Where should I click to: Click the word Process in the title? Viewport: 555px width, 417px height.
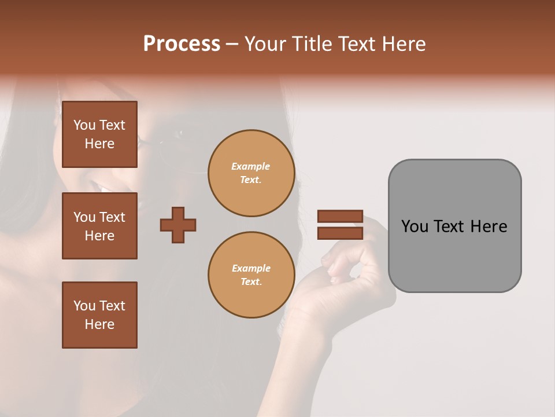tap(182, 44)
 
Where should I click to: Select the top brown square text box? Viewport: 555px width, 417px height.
tap(99, 134)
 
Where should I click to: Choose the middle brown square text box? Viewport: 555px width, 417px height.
tap(99, 226)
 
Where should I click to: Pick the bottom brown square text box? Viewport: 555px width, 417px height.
tap(99, 315)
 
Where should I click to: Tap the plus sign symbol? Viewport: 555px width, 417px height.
tap(178, 225)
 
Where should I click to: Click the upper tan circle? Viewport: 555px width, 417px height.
tap(251, 173)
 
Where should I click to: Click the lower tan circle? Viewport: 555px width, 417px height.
tap(251, 275)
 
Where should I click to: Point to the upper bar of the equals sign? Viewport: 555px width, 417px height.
tap(340, 216)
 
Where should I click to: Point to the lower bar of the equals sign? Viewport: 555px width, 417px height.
tap(340, 233)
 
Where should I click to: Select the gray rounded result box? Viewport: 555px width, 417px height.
tap(454, 226)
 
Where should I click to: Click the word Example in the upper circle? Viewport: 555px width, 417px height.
tap(251, 166)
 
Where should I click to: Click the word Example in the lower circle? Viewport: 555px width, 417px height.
tap(251, 268)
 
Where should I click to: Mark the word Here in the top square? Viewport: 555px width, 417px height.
tap(99, 144)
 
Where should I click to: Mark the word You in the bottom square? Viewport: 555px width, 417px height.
tap(84, 306)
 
